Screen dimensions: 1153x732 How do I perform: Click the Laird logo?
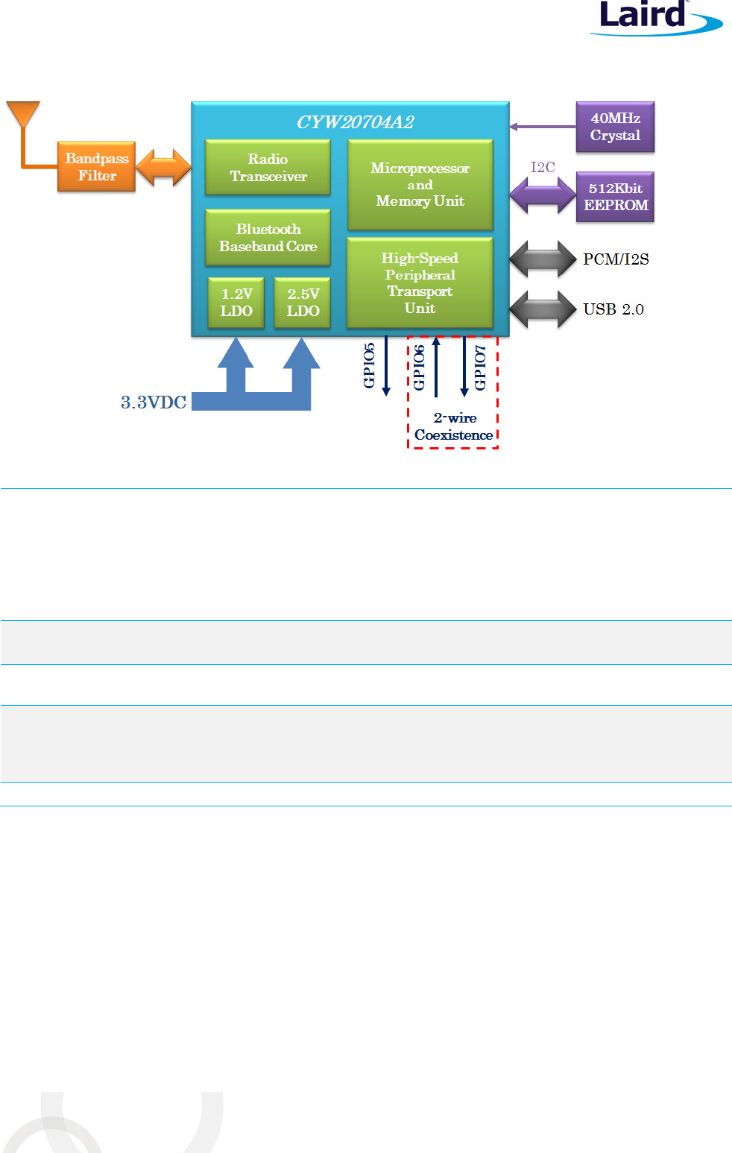click(654, 17)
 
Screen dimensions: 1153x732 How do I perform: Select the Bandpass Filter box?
click(96, 167)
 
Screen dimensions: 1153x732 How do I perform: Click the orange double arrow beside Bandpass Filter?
click(163, 167)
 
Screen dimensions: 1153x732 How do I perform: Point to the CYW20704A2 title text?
click(355, 122)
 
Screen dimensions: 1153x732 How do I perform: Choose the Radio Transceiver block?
click(268, 168)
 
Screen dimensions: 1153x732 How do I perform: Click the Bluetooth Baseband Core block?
click(268, 238)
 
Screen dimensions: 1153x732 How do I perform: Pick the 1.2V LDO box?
click(236, 303)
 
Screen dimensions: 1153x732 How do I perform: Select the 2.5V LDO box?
click(303, 303)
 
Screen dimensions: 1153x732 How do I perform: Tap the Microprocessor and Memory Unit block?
click(420, 185)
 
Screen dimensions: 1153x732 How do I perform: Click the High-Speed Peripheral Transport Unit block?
click(420, 282)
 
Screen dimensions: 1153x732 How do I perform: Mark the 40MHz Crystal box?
click(615, 127)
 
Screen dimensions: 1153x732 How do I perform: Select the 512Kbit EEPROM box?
click(615, 197)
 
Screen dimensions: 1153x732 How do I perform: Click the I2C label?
click(543, 167)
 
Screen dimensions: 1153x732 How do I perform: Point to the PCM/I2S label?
click(616, 259)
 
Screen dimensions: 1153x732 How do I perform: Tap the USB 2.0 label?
click(613, 309)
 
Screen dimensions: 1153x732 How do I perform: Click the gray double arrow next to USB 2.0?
click(543, 309)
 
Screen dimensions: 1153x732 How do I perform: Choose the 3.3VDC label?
click(154, 402)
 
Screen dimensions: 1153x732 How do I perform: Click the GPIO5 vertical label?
click(369, 365)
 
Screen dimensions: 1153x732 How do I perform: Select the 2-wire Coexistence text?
click(454, 426)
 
